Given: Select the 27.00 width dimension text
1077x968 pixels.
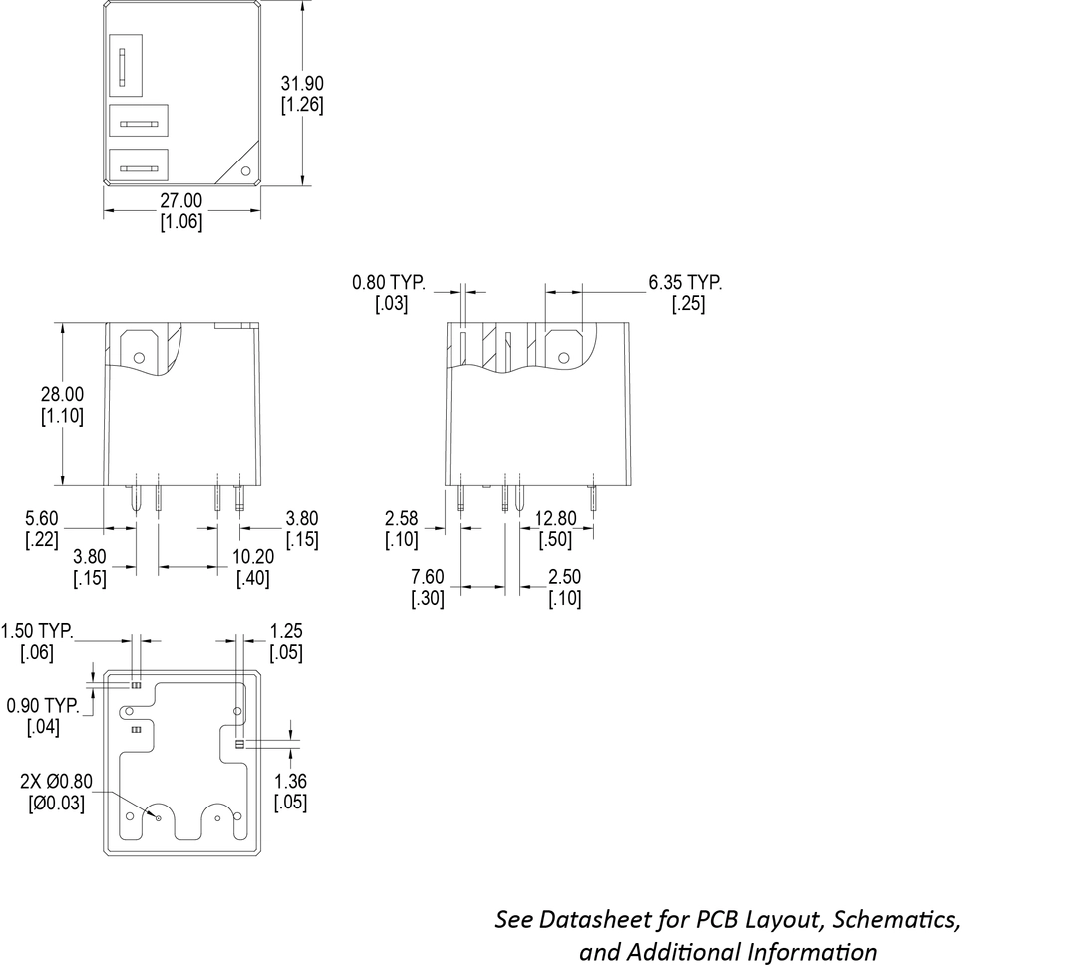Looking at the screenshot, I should click(x=181, y=201).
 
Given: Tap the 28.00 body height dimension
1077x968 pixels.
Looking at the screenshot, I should click(x=63, y=395).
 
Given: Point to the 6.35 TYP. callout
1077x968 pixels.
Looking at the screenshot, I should click(x=685, y=283).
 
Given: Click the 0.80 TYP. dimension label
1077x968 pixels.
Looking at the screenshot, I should click(x=389, y=283).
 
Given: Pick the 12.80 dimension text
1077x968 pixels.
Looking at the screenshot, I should click(x=555, y=518).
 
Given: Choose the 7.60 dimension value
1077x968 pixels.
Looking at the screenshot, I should click(x=429, y=577).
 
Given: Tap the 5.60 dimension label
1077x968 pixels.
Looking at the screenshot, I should click(x=42, y=518).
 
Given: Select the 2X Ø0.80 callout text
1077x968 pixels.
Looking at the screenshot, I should click(x=56, y=782).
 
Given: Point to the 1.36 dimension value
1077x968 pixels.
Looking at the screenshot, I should click(x=290, y=782).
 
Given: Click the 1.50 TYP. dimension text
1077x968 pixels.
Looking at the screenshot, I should click(x=39, y=631).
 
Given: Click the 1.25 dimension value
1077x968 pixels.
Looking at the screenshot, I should click(x=286, y=631).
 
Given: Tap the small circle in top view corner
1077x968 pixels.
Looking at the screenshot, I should click(x=247, y=170).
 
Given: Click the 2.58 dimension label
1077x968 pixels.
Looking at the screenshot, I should click(x=401, y=518).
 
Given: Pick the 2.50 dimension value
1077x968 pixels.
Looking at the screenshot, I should click(x=564, y=577).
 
